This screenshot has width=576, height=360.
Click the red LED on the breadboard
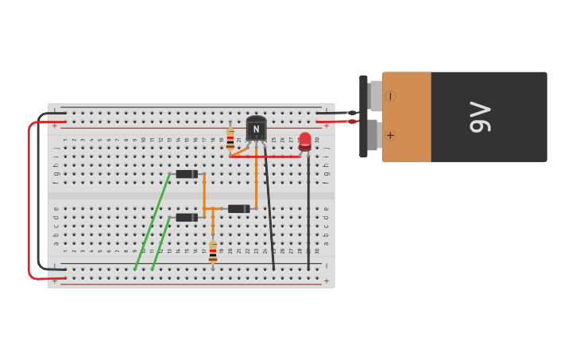coord(305,141)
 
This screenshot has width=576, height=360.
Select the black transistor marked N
coord(256,129)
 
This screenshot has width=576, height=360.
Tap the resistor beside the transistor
coord(230,140)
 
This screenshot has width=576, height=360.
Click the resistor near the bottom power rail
coord(213,253)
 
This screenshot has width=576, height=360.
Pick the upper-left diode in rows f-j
coord(187,174)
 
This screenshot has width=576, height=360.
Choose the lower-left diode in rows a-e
coord(187,217)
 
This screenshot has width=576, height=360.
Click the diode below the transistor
coord(239,209)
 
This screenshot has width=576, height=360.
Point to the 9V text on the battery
coord(480,117)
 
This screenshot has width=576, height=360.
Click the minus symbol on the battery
coord(390,96)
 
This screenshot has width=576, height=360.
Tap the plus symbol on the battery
coord(390,135)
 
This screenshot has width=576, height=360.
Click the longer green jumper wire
coord(153,221)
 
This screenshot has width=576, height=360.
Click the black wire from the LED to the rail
coord(308,215)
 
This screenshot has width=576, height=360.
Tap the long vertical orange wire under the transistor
coord(256,179)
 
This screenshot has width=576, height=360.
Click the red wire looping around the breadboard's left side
coord(30,199)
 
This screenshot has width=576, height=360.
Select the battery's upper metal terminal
coord(375,96)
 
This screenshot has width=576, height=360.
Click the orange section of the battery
coord(407,117)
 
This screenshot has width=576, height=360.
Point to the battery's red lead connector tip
coord(352,122)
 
